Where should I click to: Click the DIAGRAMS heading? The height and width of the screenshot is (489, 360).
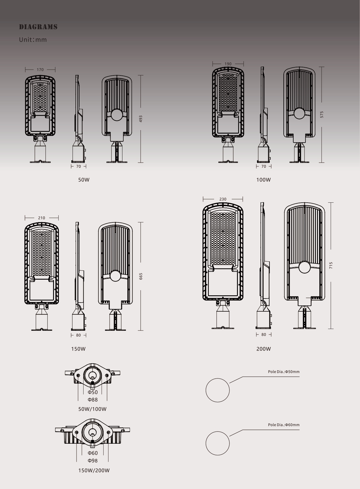[38, 27]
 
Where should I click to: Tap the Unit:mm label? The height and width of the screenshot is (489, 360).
[33, 40]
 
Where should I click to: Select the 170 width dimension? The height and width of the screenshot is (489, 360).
[40, 70]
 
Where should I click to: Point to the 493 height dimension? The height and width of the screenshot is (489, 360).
[141, 119]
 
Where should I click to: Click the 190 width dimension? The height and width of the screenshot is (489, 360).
[228, 64]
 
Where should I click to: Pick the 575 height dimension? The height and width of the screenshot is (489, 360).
[322, 115]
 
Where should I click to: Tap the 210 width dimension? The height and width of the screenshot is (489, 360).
[41, 218]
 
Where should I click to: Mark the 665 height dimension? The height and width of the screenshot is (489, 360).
[141, 276]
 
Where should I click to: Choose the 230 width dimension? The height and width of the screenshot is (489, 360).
[222, 199]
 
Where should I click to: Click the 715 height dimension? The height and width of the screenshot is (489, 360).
[331, 265]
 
